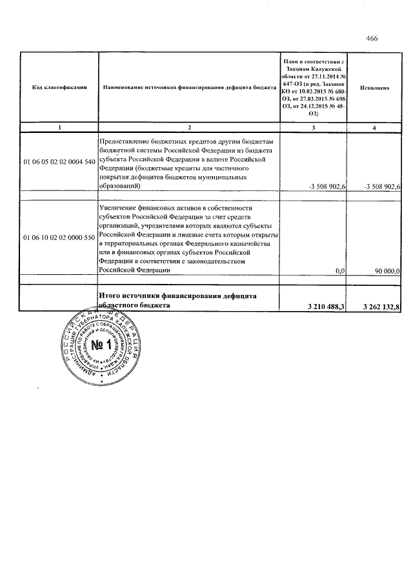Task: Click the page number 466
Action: (372, 38)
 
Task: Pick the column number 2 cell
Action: (188, 128)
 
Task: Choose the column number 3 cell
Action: (314, 128)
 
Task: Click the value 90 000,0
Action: (388, 272)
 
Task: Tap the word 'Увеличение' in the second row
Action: (119, 208)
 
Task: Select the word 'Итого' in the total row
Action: (110, 296)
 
